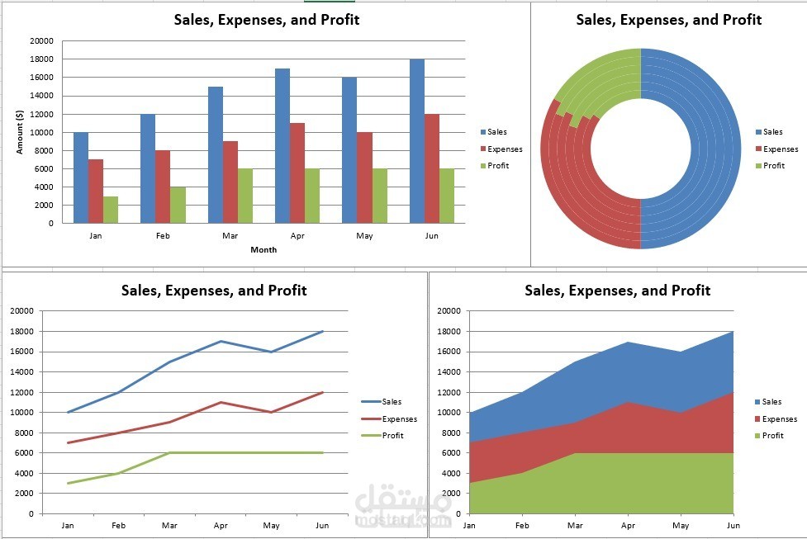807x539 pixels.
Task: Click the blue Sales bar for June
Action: pyautogui.click(x=417, y=141)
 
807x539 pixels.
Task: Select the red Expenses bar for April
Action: pyautogui.click(x=297, y=173)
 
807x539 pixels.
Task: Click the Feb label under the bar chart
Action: pyautogui.click(x=163, y=235)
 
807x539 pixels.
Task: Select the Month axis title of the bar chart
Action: pyautogui.click(x=263, y=249)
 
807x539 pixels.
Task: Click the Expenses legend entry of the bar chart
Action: pyautogui.click(x=504, y=149)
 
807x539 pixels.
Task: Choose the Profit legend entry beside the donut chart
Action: pyautogui.click(x=773, y=166)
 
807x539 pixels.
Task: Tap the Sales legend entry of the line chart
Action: pyautogui.click(x=392, y=402)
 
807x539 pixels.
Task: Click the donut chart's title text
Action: pyautogui.click(x=668, y=20)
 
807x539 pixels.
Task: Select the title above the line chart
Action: pyautogui.click(x=214, y=291)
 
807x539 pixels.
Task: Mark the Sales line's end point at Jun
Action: pyautogui.click(x=322, y=331)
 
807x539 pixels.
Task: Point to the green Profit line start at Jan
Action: pyautogui.click(x=68, y=483)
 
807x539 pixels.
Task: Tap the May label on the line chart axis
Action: pyautogui.click(x=271, y=525)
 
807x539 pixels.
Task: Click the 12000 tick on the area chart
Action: pyautogui.click(x=448, y=392)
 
